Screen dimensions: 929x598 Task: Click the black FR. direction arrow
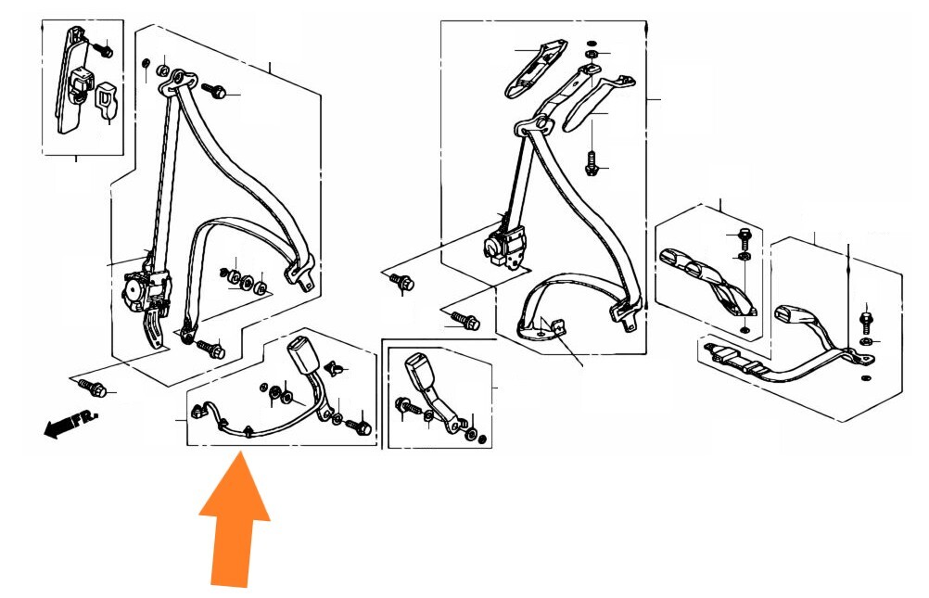pyautogui.click(x=70, y=423)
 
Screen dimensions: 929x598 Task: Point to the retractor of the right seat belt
pyautogui.click(x=505, y=245)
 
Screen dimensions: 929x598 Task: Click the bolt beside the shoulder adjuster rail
pyautogui.click(x=104, y=49)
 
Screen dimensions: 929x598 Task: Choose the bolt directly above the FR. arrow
pyautogui.click(x=92, y=388)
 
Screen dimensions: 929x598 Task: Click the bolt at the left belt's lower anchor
pyautogui.click(x=210, y=348)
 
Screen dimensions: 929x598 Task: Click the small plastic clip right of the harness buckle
pyautogui.click(x=335, y=368)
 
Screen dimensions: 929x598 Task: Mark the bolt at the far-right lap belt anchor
pyautogui.click(x=867, y=321)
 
